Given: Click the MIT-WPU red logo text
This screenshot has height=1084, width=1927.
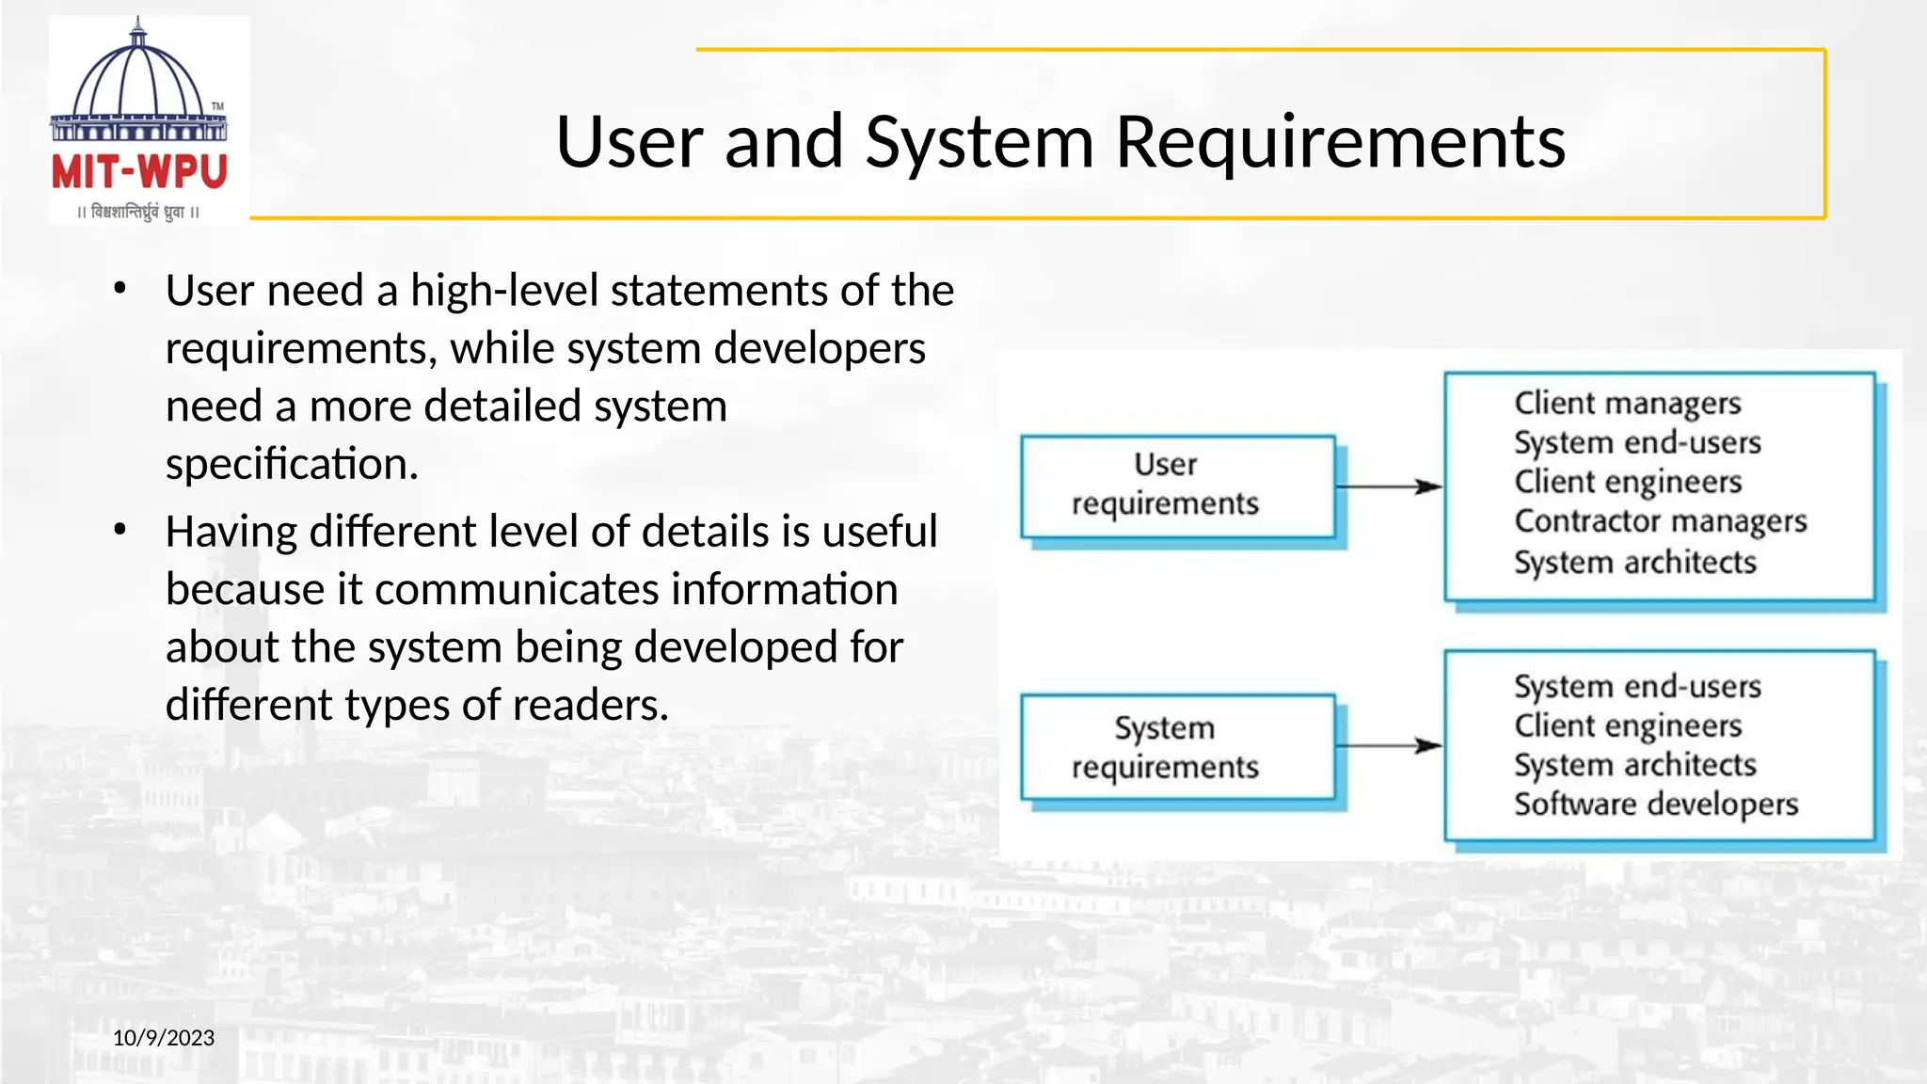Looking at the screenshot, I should [139, 172].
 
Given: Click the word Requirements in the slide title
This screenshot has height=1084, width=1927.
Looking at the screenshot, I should [1340, 142].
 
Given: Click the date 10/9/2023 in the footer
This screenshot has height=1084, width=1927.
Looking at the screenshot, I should [164, 1038].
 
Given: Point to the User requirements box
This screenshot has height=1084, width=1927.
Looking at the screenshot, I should [1177, 486].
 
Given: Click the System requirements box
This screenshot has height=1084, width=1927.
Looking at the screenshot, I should [1177, 747].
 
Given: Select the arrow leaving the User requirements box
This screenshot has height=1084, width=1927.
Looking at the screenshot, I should [1389, 486].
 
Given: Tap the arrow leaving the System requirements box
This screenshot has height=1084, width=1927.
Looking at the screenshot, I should [1389, 746].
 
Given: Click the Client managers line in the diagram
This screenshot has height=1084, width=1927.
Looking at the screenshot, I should [1628, 403].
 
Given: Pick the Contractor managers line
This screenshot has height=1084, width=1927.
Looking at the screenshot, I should [1660, 520].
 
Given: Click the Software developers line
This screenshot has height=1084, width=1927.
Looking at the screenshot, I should [1655, 804].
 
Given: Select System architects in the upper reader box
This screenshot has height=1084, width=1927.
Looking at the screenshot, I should [1634, 562].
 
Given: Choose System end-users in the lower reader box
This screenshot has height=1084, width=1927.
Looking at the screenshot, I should [1637, 686].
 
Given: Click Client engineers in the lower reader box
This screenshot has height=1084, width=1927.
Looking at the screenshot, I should [1628, 725].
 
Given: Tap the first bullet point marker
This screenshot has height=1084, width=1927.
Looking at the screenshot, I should [119, 289].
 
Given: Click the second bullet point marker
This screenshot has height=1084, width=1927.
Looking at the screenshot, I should [119, 530].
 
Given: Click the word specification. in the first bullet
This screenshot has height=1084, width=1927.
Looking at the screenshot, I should [292, 464].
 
